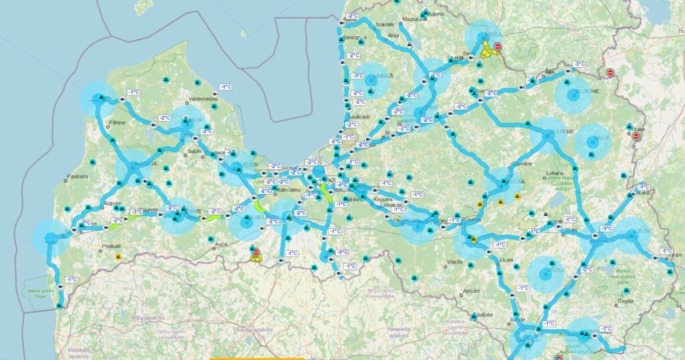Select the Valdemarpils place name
(204, 98)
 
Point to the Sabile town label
(195, 151)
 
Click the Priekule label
(103, 246)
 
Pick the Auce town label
(221, 245)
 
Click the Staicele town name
(385, 23)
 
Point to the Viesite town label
(456, 261)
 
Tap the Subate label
(484, 314)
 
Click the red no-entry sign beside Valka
(498, 46)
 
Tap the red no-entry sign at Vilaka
(637, 137)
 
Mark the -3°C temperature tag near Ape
(579, 64)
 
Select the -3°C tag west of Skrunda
(136, 211)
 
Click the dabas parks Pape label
(41, 294)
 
